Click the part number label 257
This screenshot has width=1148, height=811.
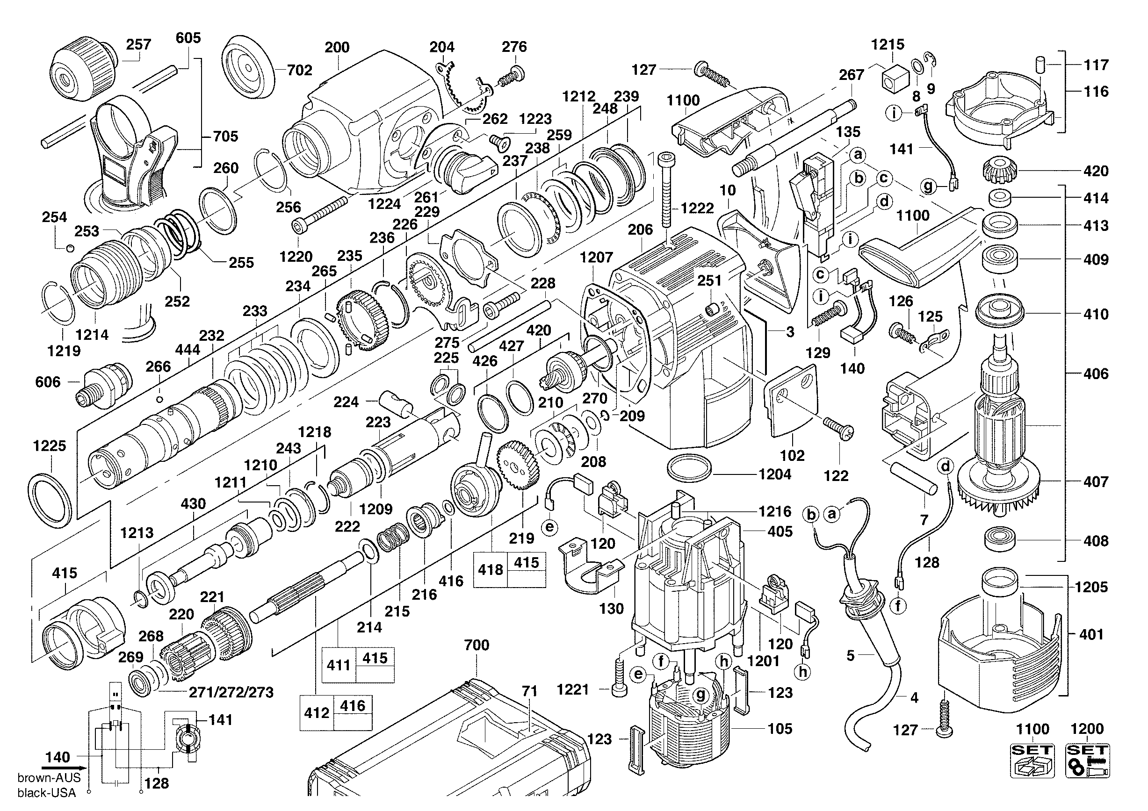point(138,44)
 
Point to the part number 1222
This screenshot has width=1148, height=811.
point(697,208)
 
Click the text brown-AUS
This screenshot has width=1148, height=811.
point(49,777)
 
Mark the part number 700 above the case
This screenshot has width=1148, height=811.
point(476,645)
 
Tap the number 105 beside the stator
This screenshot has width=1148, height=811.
point(780,729)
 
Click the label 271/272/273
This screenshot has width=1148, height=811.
point(231,692)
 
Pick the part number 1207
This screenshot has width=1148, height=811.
point(597,258)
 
